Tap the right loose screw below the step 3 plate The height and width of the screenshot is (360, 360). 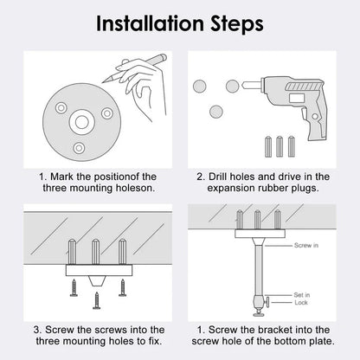coord(120,289)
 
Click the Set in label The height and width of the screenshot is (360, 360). coord(300,294)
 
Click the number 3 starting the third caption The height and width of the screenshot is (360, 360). coord(37,330)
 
